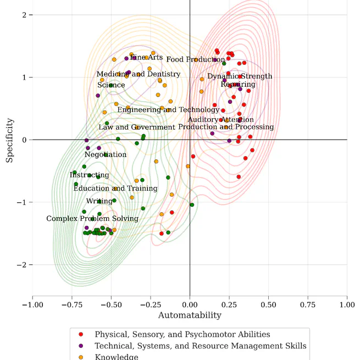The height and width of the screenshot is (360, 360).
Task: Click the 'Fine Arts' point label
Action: pyautogui.click(x=146, y=57)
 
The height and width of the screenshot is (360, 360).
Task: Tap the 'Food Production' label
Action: pyautogui.click(x=195, y=59)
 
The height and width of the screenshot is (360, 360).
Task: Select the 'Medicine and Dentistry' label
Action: pyautogui.click(x=139, y=74)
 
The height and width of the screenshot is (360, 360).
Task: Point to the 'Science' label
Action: pyautogui.click(x=111, y=85)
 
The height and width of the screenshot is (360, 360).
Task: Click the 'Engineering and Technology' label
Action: pyautogui.click(x=168, y=110)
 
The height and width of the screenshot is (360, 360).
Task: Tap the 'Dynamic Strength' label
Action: pyautogui.click(x=240, y=76)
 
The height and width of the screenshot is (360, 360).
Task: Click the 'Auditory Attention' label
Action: pyautogui.click(x=221, y=120)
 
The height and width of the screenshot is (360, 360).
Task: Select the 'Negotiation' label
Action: pyautogui.click(x=106, y=155)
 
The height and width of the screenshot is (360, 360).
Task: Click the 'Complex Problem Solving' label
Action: pyautogui.click(x=92, y=219)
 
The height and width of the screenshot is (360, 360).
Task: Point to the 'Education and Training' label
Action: pyautogui.click(x=115, y=189)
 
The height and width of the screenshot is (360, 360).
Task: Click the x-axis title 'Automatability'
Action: pyautogui.click(x=190, y=315)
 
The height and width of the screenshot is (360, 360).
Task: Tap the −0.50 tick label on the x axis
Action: pyautogui.click(x=111, y=303)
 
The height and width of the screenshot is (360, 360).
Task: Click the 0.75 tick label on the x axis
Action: pyautogui.click(x=308, y=303)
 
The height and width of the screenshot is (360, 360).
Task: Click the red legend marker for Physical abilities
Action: pyautogui.click(x=81, y=334)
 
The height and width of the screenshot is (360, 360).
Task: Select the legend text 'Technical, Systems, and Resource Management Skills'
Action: pyautogui.click(x=201, y=346)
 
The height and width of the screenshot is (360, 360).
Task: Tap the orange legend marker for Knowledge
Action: pyautogui.click(x=81, y=357)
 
